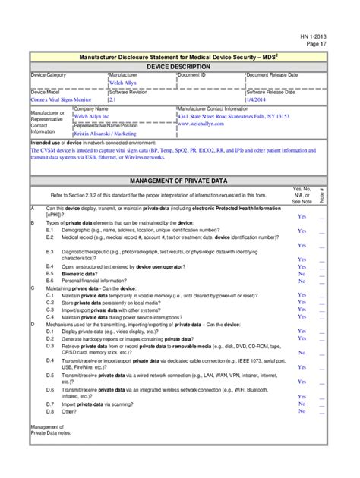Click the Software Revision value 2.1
112,99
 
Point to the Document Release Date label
273,75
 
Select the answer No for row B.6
302,281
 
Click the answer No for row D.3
302,353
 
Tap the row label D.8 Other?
62,411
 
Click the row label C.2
50,303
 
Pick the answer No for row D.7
302,404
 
